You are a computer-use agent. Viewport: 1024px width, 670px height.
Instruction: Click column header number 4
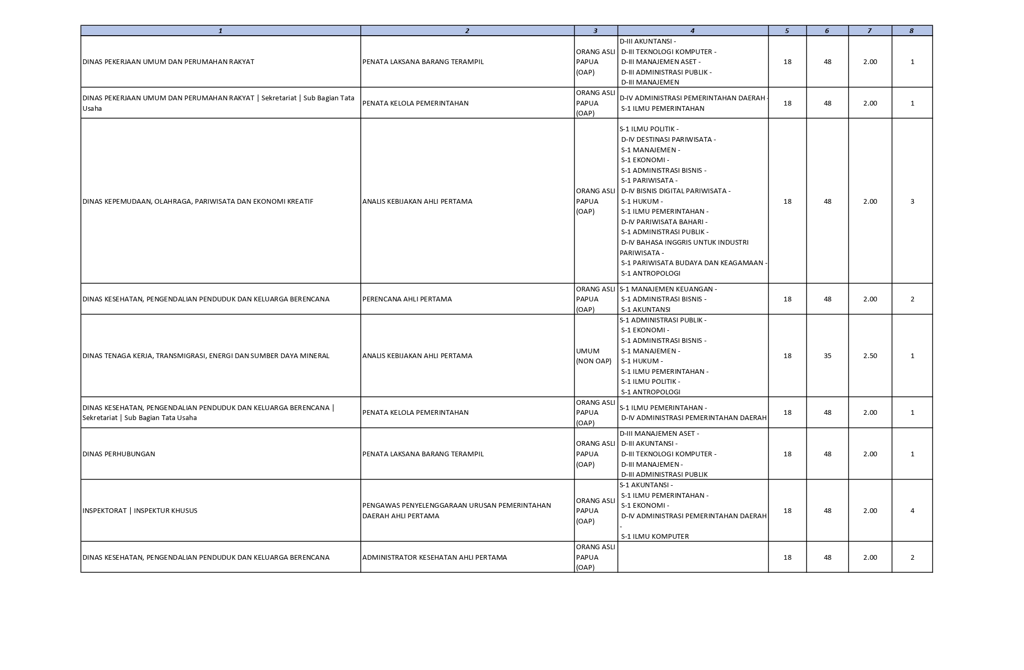692,30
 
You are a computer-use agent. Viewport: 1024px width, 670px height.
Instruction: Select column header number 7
869,30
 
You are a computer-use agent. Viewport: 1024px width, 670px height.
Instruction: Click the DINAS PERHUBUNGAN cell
119,454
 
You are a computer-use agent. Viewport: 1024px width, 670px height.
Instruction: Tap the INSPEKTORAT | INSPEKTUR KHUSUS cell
140,510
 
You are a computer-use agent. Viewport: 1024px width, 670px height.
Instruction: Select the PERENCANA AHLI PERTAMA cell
407,299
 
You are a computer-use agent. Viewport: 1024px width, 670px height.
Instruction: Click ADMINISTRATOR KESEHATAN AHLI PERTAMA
434,557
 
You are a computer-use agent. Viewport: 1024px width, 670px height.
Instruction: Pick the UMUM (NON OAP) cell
593,355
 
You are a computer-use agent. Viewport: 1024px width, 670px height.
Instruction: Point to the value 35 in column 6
827,355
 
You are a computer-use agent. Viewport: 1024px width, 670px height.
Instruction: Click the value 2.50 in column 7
870,355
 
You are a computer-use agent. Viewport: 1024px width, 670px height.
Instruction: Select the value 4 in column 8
912,510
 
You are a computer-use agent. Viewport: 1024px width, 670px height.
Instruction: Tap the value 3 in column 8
912,201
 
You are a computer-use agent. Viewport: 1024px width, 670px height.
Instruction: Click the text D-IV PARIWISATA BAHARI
664,222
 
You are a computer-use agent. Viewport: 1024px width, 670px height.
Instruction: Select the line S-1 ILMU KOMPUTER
654,536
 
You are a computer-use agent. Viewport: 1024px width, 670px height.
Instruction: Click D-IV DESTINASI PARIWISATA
668,139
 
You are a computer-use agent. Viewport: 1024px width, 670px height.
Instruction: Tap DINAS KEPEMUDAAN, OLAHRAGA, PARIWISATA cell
197,201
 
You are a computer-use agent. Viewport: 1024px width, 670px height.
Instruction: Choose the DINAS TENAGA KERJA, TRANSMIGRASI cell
206,355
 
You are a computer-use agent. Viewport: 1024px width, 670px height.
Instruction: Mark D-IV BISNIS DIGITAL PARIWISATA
675,191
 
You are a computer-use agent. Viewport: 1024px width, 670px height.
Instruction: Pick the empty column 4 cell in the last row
692,557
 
